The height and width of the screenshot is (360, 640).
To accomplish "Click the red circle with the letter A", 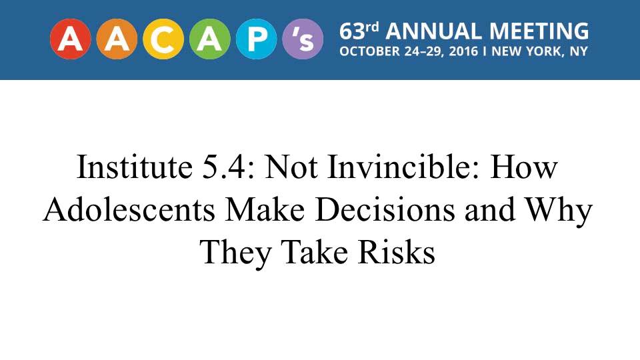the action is coord(71,39).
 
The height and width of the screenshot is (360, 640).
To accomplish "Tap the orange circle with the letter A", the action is coord(117,39).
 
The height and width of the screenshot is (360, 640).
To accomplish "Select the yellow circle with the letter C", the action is coord(163,39).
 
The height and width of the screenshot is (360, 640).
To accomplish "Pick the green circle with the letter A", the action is coord(210,39).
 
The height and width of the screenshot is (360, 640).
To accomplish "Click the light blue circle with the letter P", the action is coord(256,39).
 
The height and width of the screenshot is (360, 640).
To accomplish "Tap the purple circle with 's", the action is coord(303,39).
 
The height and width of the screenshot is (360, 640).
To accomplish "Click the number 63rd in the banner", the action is coord(359,31).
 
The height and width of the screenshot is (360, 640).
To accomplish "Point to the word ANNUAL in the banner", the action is coord(433,31).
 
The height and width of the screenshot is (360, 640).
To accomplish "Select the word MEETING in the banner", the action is coord(539,31).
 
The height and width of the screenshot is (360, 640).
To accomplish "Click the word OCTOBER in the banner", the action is coord(370,51).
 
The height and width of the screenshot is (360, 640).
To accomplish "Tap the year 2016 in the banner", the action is coord(463,51).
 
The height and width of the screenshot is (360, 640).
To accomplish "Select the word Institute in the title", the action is coord(135,167).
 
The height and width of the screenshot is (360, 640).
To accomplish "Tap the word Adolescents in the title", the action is coord(129,209).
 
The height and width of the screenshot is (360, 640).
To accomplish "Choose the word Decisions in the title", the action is coord(385,209).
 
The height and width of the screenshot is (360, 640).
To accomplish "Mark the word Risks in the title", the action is coord(396,252).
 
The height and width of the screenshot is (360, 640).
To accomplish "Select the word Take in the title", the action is coord(315,252).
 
